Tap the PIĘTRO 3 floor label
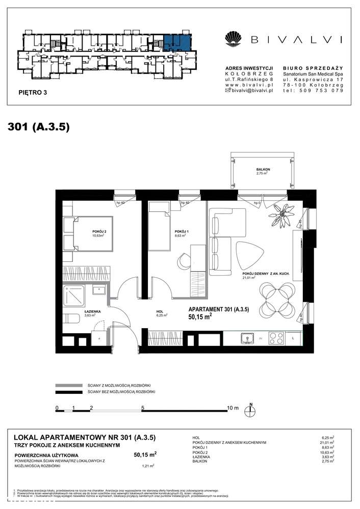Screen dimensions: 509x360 pos(32,92)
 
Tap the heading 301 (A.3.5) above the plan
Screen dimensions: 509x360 pos(39,127)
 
